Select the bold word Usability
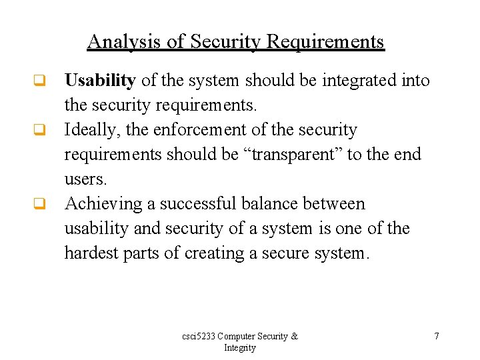(100, 81)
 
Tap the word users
(85, 179)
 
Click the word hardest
(91, 253)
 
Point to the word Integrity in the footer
(239, 348)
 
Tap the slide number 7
(437, 337)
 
